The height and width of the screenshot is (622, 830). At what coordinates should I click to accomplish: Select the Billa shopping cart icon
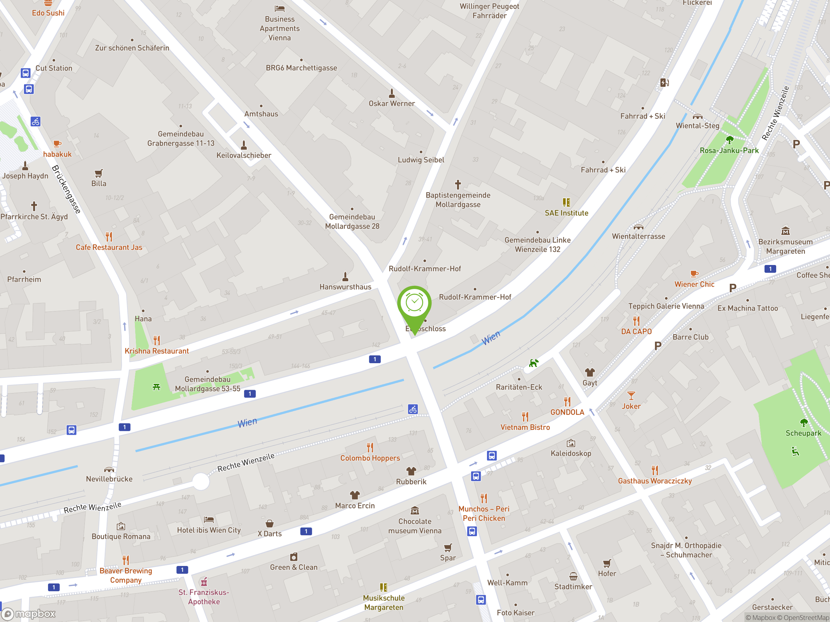tap(99, 173)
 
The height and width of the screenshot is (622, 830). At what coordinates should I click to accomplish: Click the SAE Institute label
tap(566, 213)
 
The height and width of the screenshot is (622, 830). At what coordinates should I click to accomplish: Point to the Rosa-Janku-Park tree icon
tap(729, 140)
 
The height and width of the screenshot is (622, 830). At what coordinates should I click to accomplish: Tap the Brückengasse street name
tap(66, 189)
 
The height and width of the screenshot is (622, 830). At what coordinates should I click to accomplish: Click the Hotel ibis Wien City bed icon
tap(208, 520)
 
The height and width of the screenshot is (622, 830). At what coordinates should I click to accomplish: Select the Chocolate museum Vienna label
tap(415, 526)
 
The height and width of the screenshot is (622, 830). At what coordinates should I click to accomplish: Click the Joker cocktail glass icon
tap(631, 396)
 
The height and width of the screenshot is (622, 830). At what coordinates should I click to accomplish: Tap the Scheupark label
tap(803, 433)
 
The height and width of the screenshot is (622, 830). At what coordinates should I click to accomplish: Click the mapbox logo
tap(29, 614)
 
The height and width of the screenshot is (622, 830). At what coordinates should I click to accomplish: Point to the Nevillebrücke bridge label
tap(109, 479)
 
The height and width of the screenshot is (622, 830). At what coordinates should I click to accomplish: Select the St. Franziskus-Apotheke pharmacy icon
tap(204, 582)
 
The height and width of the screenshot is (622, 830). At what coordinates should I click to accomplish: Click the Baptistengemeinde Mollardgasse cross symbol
tap(458, 184)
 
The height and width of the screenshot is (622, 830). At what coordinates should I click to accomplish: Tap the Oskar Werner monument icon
tap(392, 93)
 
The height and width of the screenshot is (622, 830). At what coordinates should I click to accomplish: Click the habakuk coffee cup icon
tap(57, 144)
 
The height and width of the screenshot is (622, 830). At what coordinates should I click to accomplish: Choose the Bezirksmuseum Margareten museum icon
tap(785, 231)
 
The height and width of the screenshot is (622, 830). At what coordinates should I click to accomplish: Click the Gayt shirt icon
tap(590, 372)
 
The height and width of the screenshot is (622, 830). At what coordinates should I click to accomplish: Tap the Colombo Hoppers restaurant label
tap(370, 458)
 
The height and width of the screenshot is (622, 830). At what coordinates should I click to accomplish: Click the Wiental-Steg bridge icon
tap(697, 116)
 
